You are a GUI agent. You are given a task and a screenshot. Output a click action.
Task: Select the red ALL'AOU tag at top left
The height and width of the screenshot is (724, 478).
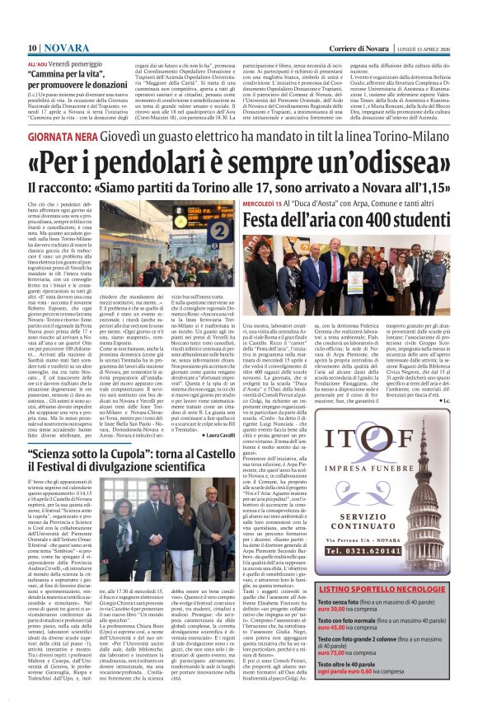(37, 63)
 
